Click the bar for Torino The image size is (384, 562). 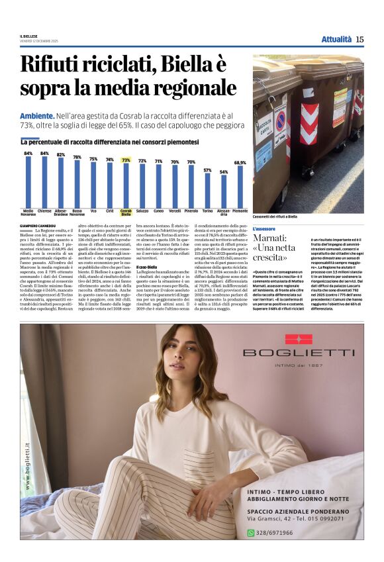pos(207,191)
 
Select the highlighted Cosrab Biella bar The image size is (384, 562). pos(126,186)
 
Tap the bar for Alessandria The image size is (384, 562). pos(224,192)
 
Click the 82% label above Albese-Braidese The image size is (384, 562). pos(61,155)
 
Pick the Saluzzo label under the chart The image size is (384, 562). pos(142,211)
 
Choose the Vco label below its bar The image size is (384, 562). pos(93,211)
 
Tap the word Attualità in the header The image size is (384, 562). pos(336,39)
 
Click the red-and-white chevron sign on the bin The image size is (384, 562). pos(309,123)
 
